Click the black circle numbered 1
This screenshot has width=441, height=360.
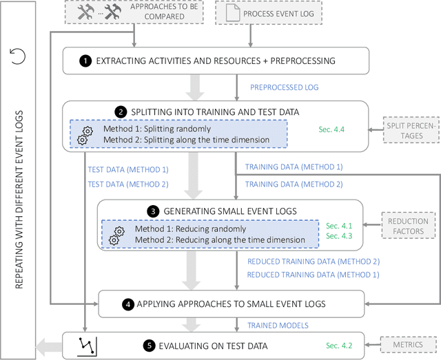pyautogui.click(x=85, y=61)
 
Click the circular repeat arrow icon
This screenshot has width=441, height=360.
pyautogui.click(x=19, y=56)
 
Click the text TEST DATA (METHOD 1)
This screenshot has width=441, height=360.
pyautogui.click(x=127, y=169)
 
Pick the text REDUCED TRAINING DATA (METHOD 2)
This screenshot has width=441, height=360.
pyautogui.click(x=313, y=262)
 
